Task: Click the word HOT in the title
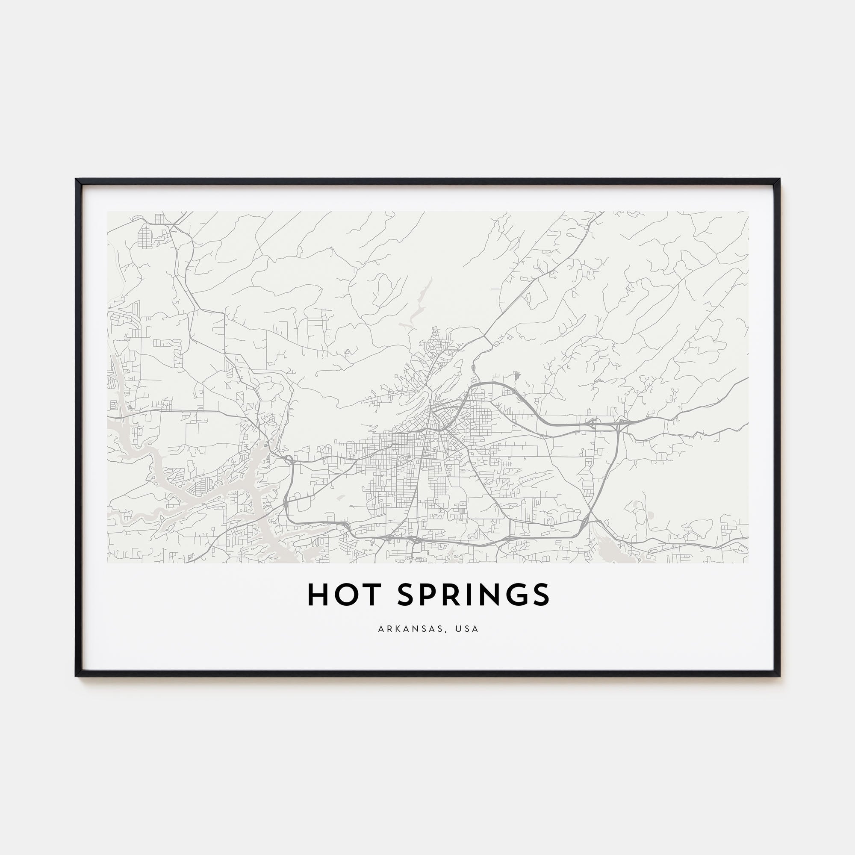coord(344,595)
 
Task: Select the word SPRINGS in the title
coord(473,595)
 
